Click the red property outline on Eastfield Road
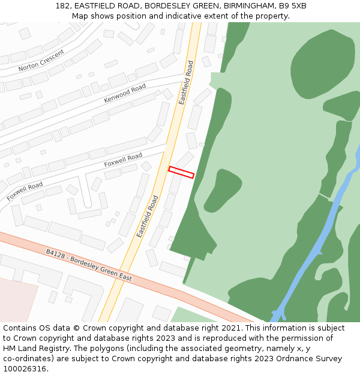[x=181, y=172]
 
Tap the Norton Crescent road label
[x=41, y=60]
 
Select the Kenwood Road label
[x=125, y=93]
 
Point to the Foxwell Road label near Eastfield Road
[x=123, y=160]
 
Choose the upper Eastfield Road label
[x=186, y=82]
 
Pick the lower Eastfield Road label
[x=147, y=216]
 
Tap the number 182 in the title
[x=62, y=6]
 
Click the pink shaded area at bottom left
[x=15, y=300]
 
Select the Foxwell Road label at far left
[x=25, y=191]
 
